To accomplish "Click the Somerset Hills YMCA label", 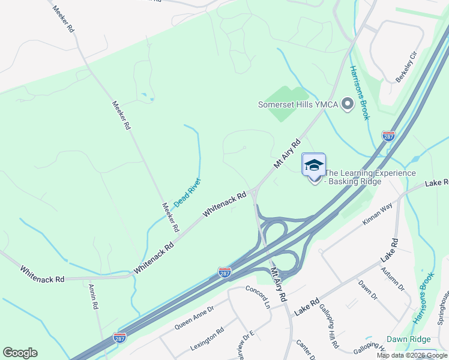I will click(298, 104).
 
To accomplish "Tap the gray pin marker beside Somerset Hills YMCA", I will click(347, 104).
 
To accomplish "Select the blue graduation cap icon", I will click(314, 164).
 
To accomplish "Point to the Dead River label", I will click(187, 193).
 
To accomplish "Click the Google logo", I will click(20, 353).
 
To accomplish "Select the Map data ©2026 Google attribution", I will click(412, 355).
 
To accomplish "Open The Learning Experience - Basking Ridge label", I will click(370, 178).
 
